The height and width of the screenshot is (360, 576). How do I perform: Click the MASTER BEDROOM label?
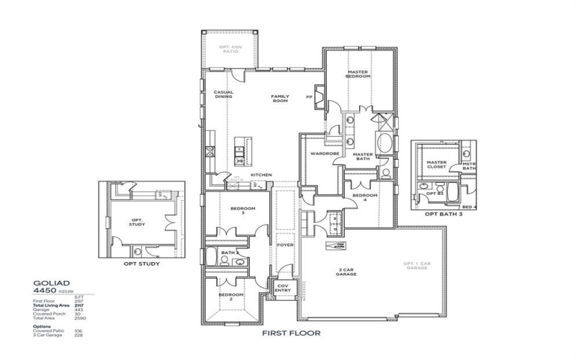[358, 74]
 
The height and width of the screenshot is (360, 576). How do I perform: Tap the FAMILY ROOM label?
[279, 99]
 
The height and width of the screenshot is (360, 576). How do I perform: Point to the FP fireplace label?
[308, 96]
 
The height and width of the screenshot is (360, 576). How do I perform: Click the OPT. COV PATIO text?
[230, 49]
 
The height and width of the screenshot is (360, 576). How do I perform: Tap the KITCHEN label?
[261, 175]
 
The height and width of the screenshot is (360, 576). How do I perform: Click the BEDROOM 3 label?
[238, 211]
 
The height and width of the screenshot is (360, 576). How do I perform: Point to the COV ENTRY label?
[284, 288]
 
